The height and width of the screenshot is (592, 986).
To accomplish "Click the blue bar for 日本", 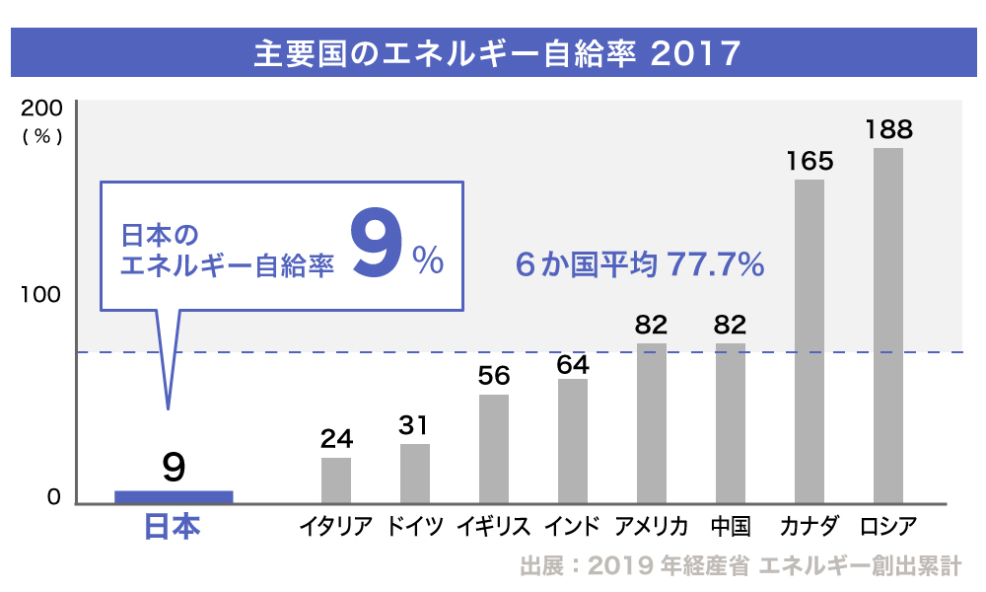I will click(x=174, y=496).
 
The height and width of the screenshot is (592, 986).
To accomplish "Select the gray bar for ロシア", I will click(x=888, y=326).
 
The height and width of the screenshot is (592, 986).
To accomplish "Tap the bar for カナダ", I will click(x=810, y=340).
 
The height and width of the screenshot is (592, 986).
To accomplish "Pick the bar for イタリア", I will click(x=336, y=481).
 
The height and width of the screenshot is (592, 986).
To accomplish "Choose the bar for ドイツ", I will click(x=415, y=474).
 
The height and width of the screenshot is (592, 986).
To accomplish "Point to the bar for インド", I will click(x=573, y=441).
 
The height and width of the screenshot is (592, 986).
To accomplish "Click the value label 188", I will click(x=888, y=129).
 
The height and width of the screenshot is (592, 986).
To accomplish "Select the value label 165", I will click(x=810, y=161).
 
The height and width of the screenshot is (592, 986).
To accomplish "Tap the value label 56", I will click(x=493, y=376).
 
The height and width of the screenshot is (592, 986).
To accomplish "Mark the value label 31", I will click(x=415, y=425).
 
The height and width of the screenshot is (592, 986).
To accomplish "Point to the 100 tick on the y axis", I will click(x=40, y=295).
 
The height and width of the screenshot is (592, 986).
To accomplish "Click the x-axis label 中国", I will click(x=731, y=526).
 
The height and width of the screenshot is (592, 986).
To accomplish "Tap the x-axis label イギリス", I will click(x=493, y=526).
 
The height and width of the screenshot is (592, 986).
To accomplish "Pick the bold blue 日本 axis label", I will click(x=173, y=527).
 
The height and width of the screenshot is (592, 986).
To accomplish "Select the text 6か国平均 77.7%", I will click(x=639, y=264).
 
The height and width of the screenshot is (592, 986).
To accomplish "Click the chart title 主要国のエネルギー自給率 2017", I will click(x=496, y=53).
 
